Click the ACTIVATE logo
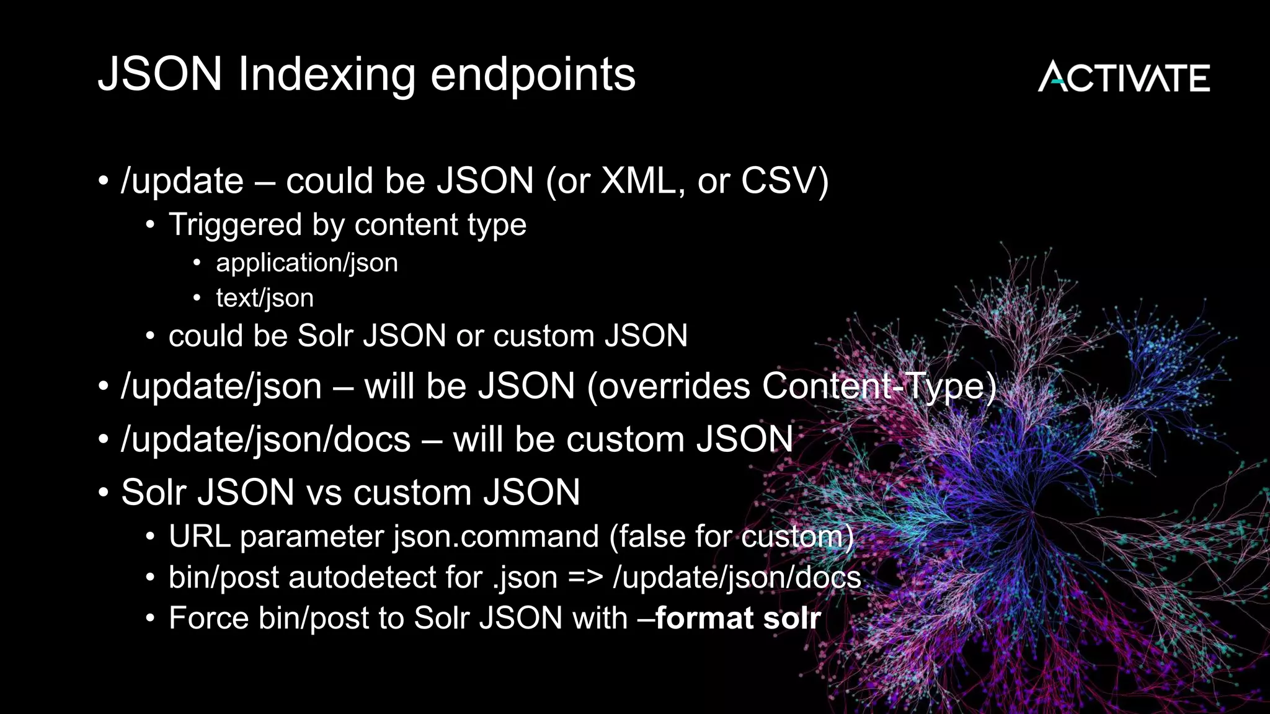[x=1124, y=77]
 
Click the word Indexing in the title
[x=327, y=74]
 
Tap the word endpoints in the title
[x=533, y=74]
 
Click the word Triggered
[x=235, y=224]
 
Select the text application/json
[x=306, y=263]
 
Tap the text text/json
[x=264, y=298]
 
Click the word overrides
[x=675, y=386]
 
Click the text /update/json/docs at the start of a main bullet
[x=266, y=439]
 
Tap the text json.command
[x=496, y=537]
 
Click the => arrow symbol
[x=585, y=578]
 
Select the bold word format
[x=704, y=619]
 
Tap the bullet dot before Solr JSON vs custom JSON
[x=104, y=493]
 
